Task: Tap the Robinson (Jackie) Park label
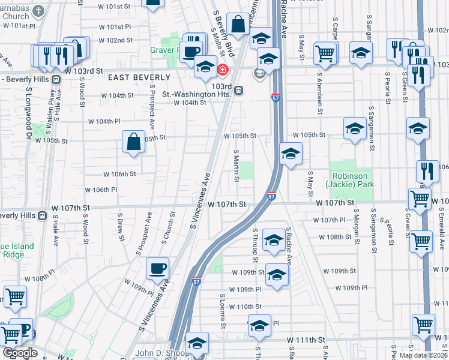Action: [x=351, y=181]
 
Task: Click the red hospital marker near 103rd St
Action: [x=223, y=70]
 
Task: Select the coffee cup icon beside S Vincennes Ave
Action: [x=157, y=268]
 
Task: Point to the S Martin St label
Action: [x=237, y=166]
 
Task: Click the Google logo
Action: [x=19, y=353]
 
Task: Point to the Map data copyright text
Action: [x=423, y=355]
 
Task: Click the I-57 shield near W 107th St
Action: [x=271, y=196]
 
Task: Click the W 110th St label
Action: [x=249, y=307]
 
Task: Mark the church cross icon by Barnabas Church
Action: [x=40, y=11]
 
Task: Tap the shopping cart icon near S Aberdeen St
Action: [x=325, y=53]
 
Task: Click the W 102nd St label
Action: [x=116, y=40]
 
